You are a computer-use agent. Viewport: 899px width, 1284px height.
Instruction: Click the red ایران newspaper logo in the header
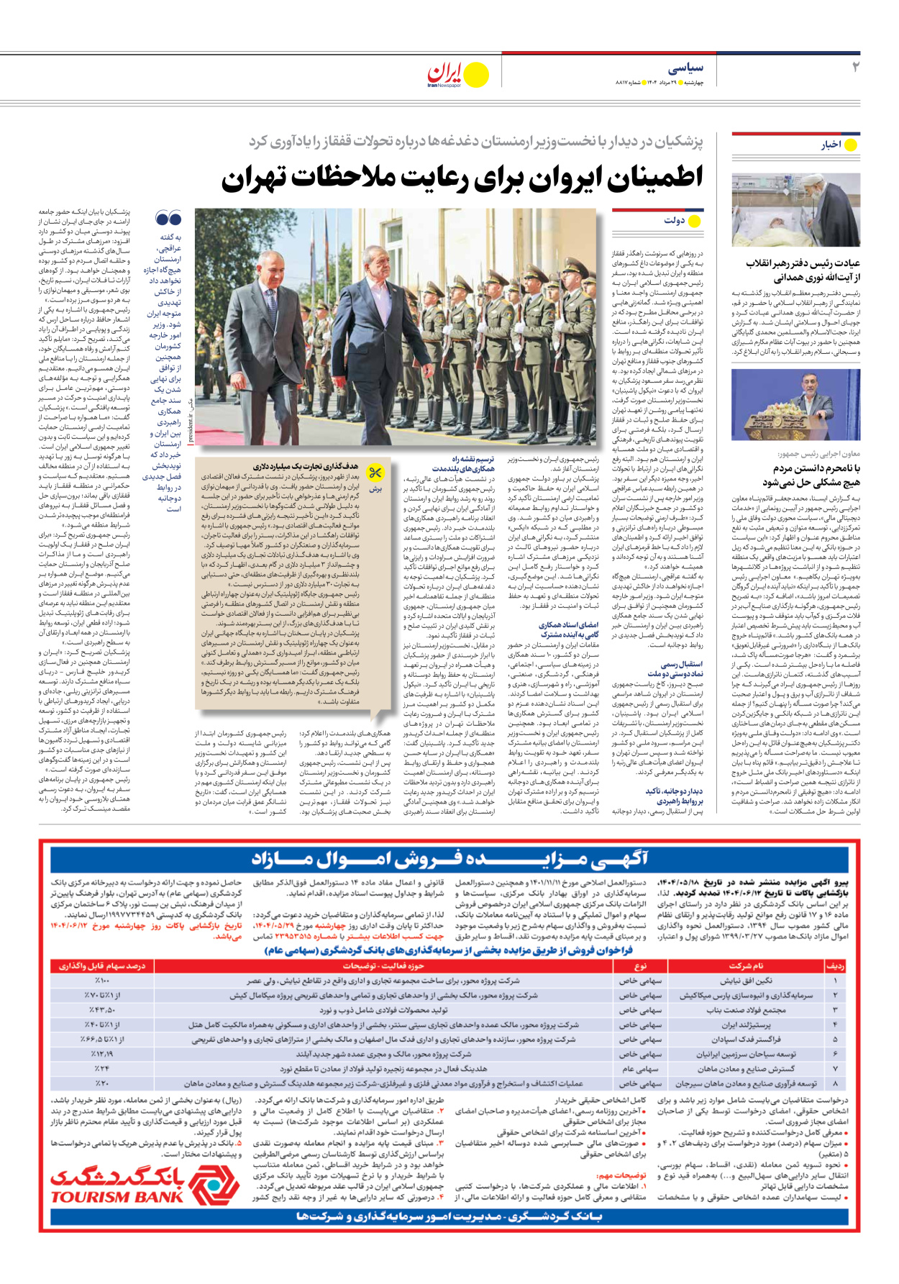pos(447,74)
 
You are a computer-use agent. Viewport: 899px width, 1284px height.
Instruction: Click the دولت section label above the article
pos(675,220)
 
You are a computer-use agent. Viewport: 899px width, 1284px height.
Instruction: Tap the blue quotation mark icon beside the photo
pos(168,219)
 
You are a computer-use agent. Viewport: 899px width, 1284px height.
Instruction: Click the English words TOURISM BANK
pos(117,1197)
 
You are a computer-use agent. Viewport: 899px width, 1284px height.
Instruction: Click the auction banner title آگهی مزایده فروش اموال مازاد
pos(449,859)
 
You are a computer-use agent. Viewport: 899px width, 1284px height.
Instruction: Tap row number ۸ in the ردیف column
pos(835,1083)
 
